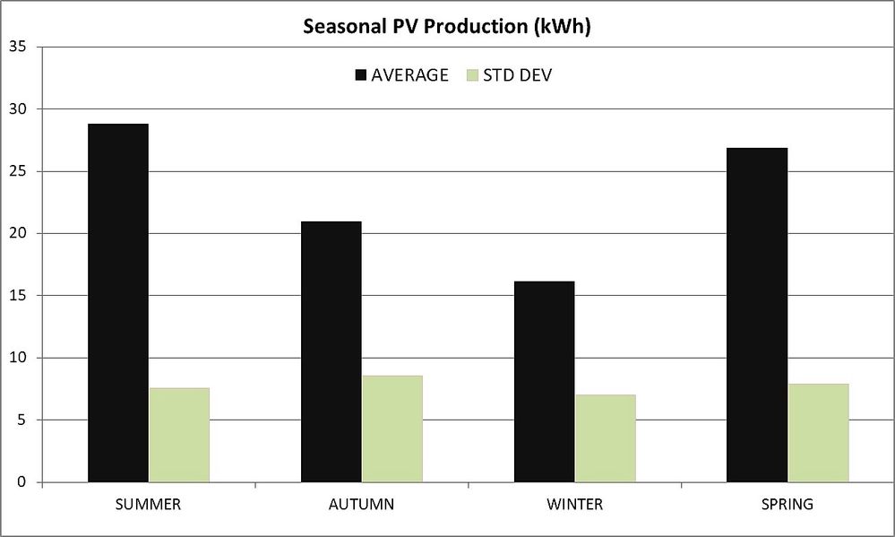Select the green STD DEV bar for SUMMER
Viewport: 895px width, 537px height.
click(x=179, y=435)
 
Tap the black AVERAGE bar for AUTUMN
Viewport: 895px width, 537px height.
click(x=331, y=351)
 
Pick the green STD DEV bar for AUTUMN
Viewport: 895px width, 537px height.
click(x=392, y=429)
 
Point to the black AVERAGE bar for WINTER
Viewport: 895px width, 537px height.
click(x=545, y=382)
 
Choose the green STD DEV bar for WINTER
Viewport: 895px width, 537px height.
click(x=606, y=438)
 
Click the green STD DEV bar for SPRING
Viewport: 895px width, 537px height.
click(x=819, y=433)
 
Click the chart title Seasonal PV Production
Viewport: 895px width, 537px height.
click(x=447, y=27)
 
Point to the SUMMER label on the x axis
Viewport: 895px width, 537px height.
click(x=148, y=504)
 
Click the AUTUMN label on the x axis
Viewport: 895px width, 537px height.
click(x=361, y=504)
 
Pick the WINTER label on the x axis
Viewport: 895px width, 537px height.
click(x=575, y=504)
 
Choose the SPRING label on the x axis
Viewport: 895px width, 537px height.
click(x=788, y=504)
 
